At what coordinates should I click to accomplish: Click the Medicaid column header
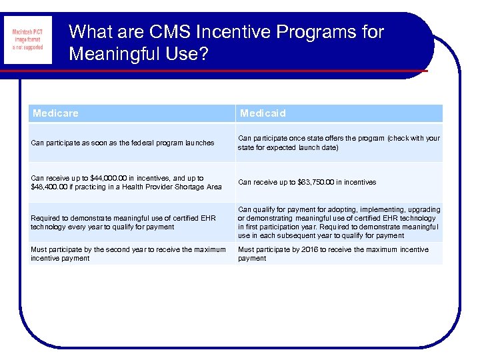point(263,113)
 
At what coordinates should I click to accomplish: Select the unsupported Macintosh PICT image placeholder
point(27,39)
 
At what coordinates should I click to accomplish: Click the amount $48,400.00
point(53,187)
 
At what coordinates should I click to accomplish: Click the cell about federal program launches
point(123,143)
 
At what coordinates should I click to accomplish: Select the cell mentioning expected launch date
point(339,143)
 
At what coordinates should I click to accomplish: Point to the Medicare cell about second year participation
point(128,254)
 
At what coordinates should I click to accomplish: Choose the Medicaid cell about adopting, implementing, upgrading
point(339,222)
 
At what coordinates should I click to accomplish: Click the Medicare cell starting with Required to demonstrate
point(123,222)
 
